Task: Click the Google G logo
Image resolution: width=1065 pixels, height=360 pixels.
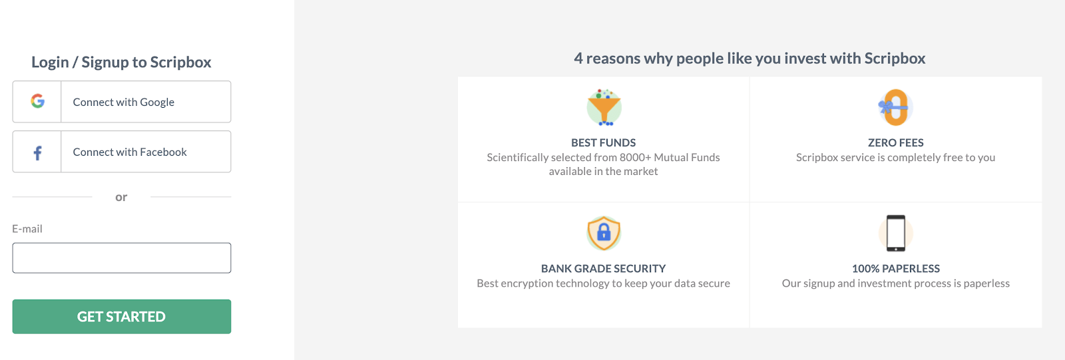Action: [x=37, y=101]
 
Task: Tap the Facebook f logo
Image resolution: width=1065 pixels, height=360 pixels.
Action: [x=37, y=152]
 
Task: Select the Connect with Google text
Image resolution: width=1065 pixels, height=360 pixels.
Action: [x=124, y=102]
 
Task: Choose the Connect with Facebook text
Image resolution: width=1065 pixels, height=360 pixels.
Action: [x=130, y=152]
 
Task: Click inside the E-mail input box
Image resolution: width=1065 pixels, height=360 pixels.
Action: [x=122, y=258]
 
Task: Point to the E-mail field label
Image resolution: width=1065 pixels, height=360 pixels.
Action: [x=27, y=229]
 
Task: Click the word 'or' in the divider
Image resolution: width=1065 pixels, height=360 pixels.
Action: [x=121, y=197]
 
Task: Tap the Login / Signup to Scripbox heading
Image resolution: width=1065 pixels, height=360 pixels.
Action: [x=121, y=62]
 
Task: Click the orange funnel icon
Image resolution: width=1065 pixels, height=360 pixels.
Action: [x=604, y=107]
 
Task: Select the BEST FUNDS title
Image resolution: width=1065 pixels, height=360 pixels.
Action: [x=603, y=142]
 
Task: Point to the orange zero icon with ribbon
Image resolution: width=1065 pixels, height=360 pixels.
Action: [x=895, y=108]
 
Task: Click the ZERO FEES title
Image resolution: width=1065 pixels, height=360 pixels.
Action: [x=896, y=142]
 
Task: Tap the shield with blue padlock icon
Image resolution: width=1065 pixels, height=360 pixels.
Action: [x=604, y=233]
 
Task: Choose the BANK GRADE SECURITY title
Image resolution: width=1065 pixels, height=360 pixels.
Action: [x=603, y=269]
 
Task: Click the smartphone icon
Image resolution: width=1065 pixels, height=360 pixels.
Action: [x=896, y=233]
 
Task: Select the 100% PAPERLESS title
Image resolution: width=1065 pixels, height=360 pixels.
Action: [x=896, y=269]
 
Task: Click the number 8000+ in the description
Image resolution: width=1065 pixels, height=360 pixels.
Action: [x=635, y=158]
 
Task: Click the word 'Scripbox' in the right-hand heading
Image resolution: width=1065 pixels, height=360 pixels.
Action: [x=895, y=59]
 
